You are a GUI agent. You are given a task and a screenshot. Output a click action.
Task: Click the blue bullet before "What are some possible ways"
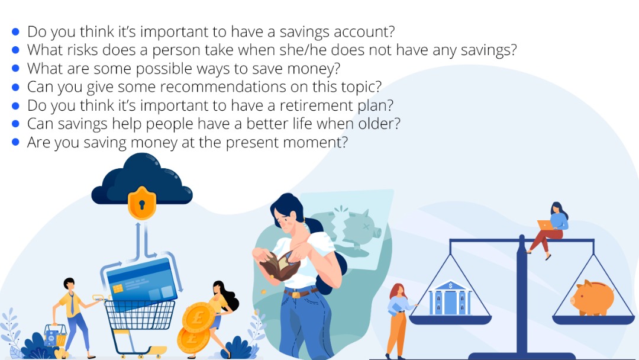coord(15,68)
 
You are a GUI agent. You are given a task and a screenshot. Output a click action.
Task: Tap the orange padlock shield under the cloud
coord(142,202)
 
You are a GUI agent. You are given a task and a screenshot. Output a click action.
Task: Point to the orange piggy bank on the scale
coord(592,298)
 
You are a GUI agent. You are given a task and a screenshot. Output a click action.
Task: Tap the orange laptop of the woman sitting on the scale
coord(545,225)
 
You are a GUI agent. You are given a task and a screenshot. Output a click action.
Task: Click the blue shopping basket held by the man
coord(56,335)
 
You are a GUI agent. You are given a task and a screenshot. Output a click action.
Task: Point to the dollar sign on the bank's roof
coord(450,286)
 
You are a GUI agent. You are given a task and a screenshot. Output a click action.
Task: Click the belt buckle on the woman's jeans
coord(295,294)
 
